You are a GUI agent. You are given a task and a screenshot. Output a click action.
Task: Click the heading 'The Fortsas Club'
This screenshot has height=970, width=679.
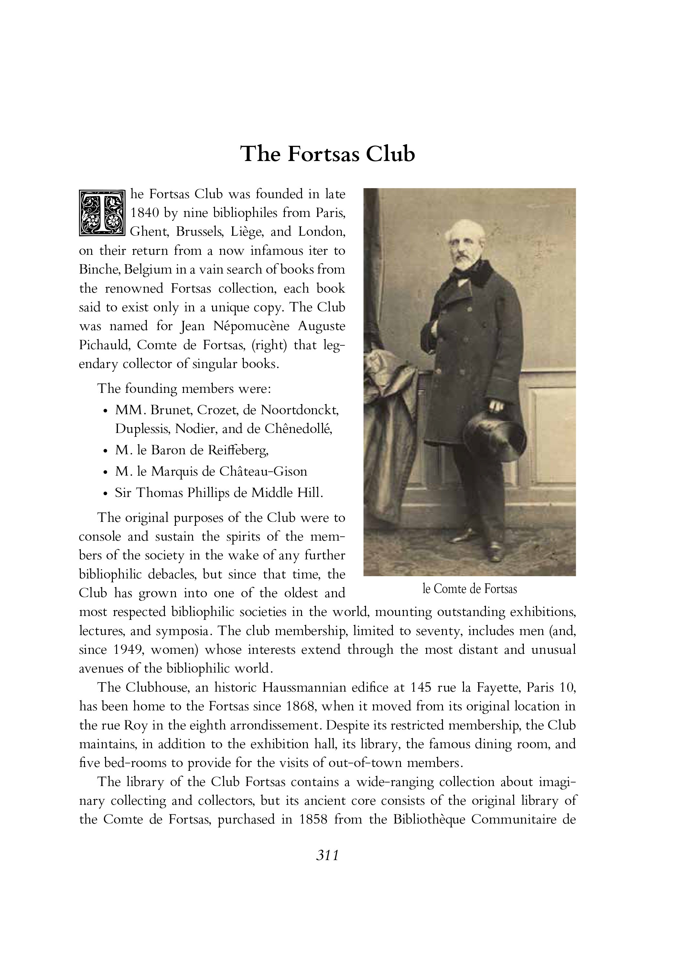[x=328, y=154]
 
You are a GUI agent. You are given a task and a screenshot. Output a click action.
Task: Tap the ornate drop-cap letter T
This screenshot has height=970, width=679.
[x=102, y=213]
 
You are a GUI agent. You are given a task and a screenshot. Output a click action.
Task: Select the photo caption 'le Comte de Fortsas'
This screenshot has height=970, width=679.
[x=469, y=589]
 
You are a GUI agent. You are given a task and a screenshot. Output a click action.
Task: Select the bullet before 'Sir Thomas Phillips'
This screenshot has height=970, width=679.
[x=105, y=494]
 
